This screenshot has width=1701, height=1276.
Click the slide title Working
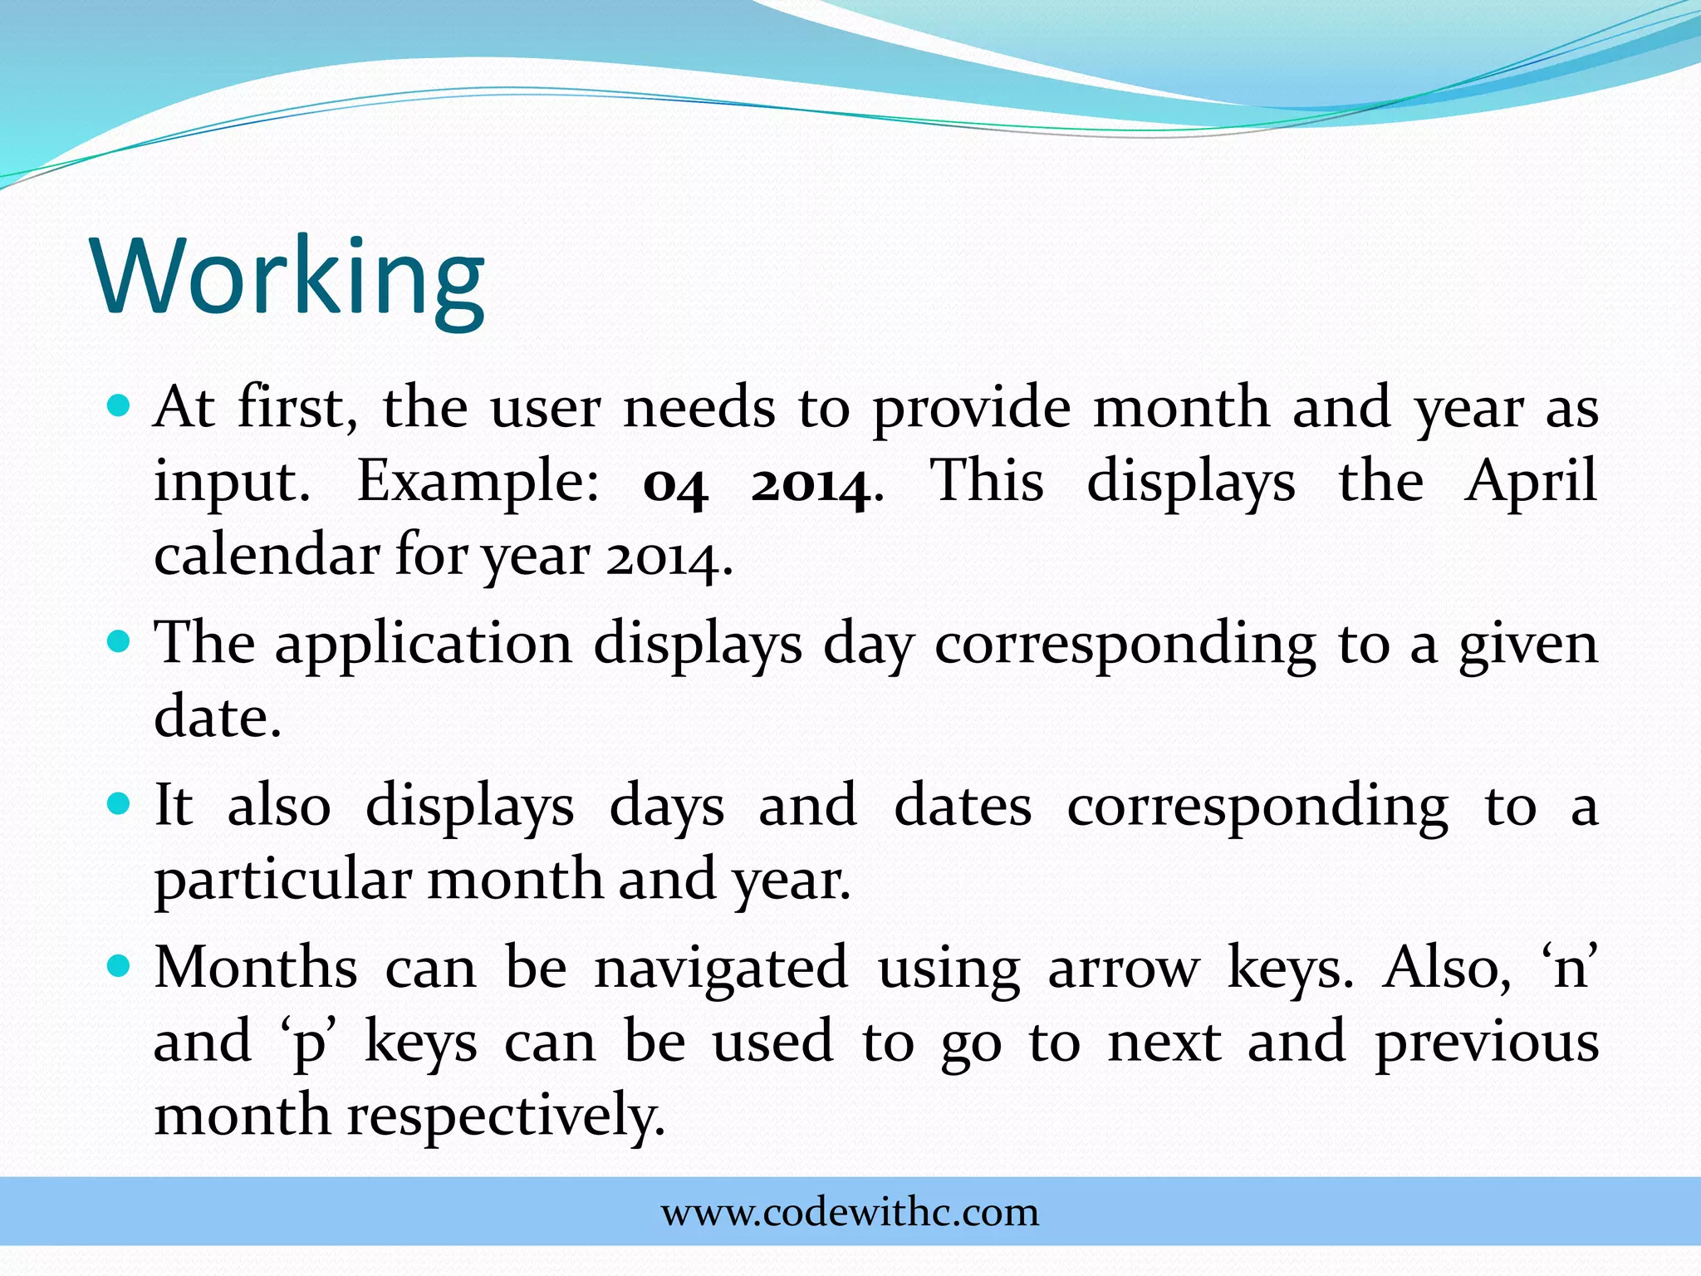pos(289,277)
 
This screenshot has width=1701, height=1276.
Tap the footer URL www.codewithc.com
pos(850,1212)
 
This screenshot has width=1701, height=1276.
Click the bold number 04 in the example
pos(675,484)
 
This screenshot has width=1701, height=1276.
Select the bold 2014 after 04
pos(811,484)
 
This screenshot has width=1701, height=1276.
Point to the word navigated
pos(721,969)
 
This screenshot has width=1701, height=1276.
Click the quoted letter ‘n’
pos(1569,969)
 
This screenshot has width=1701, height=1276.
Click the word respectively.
pos(506,1116)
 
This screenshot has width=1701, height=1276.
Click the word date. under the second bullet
pos(218,717)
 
